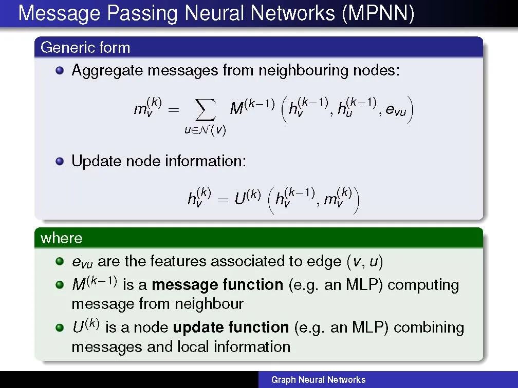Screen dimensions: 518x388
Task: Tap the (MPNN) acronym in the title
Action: coord(377,14)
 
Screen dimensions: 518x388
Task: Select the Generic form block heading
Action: coord(85,48)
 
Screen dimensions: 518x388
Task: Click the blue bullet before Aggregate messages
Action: coord(61,70)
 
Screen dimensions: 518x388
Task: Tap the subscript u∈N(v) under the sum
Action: coord(206,130)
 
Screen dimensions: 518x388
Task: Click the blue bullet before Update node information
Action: coord(61,161)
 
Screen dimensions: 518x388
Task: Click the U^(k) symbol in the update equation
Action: coord(248,198)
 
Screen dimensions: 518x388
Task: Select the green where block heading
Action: coord(61,238)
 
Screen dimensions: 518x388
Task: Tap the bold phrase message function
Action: coord(217,284)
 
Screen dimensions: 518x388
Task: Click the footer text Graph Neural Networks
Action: coord(318,380)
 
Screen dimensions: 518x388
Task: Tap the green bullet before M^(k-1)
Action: coord(61,285)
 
